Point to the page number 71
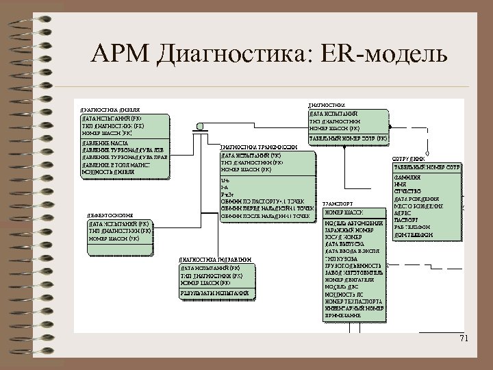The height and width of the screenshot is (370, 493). (x=465, y=339)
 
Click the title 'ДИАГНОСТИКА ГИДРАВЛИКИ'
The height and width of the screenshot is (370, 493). (x=212, y=260)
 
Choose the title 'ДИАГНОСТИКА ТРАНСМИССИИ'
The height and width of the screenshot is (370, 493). (x=260, y=147)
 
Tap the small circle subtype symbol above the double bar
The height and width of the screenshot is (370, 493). (x=201, y=125)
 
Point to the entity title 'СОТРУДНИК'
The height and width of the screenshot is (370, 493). (x=409, y=159)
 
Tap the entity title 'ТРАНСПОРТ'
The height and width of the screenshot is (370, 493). (x=338, y=203)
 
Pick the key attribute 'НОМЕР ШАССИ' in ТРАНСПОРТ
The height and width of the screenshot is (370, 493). (x=344, y=212)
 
